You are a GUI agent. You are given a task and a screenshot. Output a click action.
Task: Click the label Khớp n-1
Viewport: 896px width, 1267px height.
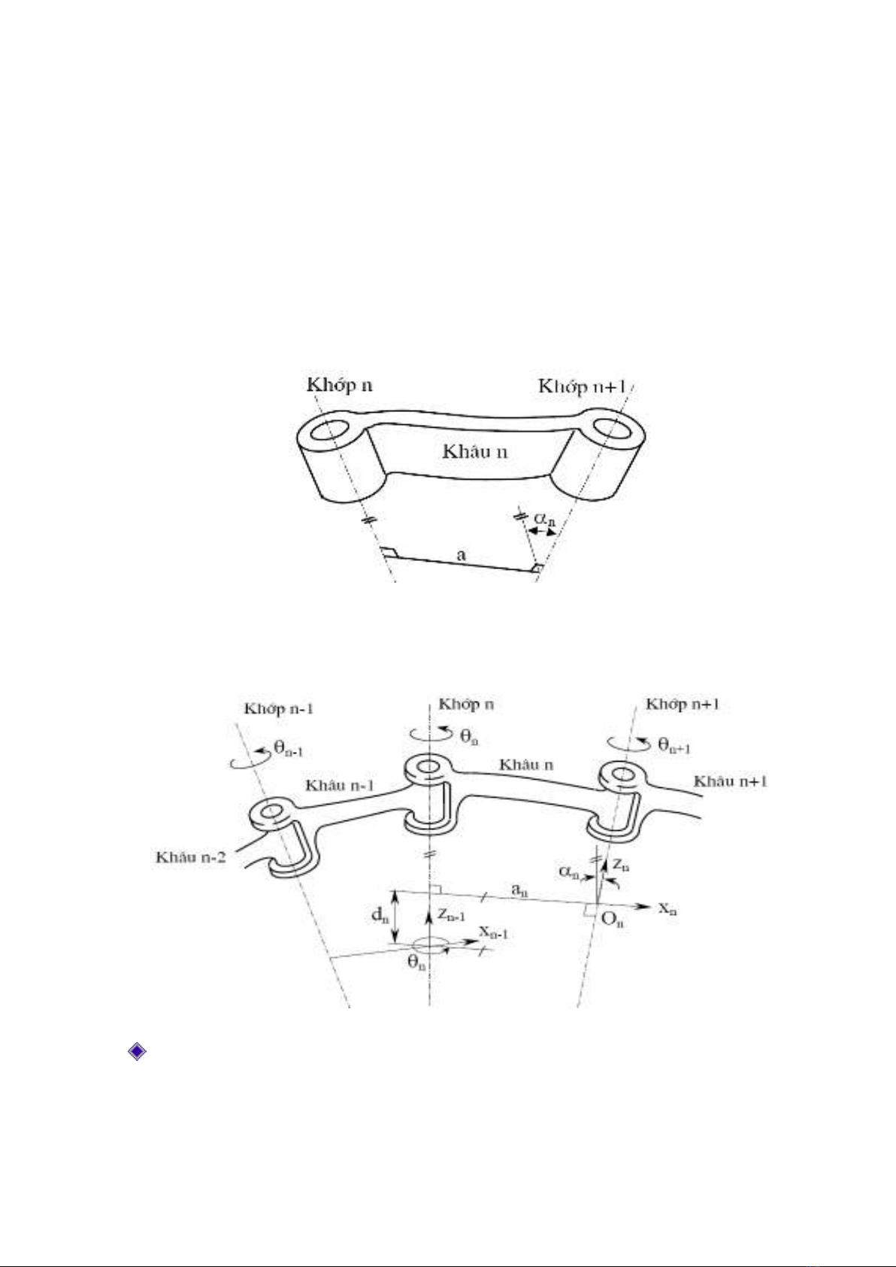(x=278, y=709)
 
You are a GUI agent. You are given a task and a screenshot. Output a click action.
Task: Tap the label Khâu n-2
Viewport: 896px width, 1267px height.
(x=190, y=857)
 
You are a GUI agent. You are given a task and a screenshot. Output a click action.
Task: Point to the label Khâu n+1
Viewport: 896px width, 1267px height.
(x=731, y=781)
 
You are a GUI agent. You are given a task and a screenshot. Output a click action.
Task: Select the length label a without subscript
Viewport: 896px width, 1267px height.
(x=462, y=555)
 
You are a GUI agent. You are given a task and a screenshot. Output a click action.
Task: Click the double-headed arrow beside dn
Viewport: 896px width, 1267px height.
(x=396, y=918)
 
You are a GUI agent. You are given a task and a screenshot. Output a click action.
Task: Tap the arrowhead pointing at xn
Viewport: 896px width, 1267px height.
(x=644, y=906)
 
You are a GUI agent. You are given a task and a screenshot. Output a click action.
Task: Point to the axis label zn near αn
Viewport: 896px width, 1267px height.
(x=621, y=865)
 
